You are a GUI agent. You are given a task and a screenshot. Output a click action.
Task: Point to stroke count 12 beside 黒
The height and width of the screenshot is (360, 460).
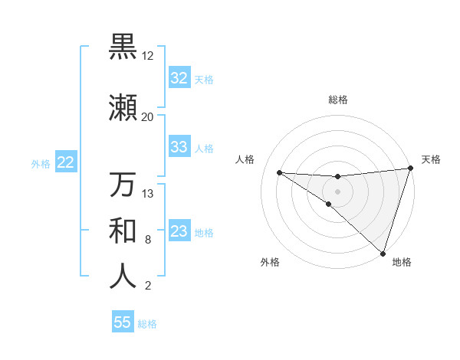coord(147,56)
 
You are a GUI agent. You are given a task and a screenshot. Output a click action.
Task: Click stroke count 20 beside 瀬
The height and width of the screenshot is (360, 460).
coord(147,117)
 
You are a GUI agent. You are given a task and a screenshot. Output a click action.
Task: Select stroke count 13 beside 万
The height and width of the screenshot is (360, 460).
coord(147,194)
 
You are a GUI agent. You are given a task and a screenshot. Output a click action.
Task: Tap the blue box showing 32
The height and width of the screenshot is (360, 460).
coord(179,78)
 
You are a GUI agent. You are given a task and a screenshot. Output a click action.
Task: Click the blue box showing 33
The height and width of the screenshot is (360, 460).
coord(179,147)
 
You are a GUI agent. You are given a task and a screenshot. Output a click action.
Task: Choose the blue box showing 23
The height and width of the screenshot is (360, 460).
coord(179,231)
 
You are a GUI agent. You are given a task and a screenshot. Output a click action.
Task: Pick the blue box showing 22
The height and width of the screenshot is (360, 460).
coord(65,162)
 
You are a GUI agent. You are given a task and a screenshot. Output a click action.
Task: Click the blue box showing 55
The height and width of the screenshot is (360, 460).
coord(123,322)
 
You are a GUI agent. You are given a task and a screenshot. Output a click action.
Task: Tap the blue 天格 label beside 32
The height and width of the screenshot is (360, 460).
coord(204,79)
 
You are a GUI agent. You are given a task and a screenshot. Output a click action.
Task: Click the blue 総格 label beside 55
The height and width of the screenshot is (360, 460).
coord(147,324)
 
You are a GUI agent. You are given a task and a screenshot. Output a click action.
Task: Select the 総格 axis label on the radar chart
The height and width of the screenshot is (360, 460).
coord(337,100)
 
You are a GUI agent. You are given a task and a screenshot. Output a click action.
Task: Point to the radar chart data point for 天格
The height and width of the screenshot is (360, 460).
coord(410,169)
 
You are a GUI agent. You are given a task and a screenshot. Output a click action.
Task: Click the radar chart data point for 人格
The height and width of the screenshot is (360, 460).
coord(279,172)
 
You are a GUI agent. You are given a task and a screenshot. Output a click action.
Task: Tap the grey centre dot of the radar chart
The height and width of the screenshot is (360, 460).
coord(337,191)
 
